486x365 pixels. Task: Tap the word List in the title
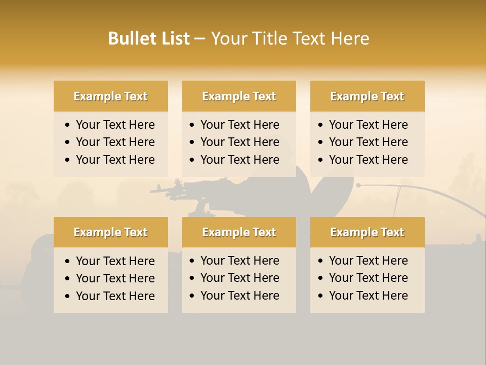[x=174, y=39]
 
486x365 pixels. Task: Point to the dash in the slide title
[x=200, y=39]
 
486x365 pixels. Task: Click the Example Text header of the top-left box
[x=110, y=96]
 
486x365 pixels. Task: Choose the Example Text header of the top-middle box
[x=239, y=96]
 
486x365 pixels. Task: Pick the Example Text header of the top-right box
[x=367, y=96]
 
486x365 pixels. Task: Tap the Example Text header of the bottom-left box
[x=110, y=232]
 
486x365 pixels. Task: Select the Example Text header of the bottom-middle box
[x=239, y=232]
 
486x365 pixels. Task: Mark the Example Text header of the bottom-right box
[x=367, y=232]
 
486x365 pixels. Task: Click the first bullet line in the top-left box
[x=115, y=125]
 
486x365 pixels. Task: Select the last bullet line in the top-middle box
[x=239, y=160]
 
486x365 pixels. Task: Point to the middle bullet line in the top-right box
[x=368, y=142]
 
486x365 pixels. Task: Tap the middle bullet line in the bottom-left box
[x=115, y=278]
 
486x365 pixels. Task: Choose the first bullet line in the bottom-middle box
[x=239, y=261]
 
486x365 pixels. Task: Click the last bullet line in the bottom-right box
[x=368, y=296]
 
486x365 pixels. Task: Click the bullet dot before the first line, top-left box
[x=68, y=125]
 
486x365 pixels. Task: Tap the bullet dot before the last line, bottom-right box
[x=321, y=296]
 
